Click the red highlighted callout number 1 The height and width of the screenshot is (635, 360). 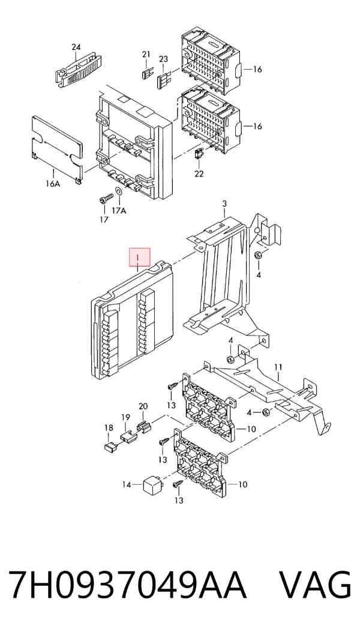(138, 257)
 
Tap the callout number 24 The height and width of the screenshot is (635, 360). (76, 47)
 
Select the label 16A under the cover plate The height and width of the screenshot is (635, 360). (53, 184)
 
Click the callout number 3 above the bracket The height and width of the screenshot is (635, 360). (225, 203)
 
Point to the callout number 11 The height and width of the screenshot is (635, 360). (278, 367)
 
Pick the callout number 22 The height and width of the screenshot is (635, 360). (199, 173)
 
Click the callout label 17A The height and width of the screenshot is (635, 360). (119, 211)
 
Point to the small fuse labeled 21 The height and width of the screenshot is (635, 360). (146, 74)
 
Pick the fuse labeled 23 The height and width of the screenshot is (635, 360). (164, 80)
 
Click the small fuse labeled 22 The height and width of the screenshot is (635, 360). (199, 154)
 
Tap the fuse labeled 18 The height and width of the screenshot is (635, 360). (109, 447)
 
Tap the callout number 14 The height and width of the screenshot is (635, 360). (127, 484)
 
